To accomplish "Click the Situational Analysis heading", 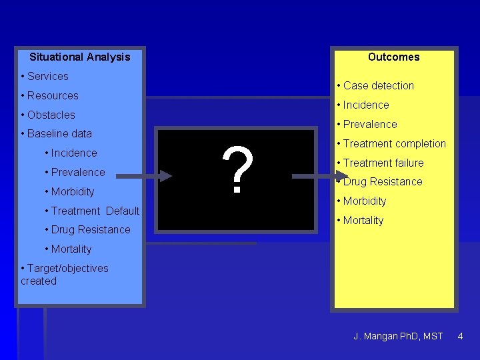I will tap(80, 57).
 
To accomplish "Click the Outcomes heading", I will tap(393, 57).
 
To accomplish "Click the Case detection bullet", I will tap(378, 85).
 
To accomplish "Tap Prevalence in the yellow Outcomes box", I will tap(369, 124).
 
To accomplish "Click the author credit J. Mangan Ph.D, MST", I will tap(398, 336).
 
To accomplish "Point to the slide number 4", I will tap(460, 336).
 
